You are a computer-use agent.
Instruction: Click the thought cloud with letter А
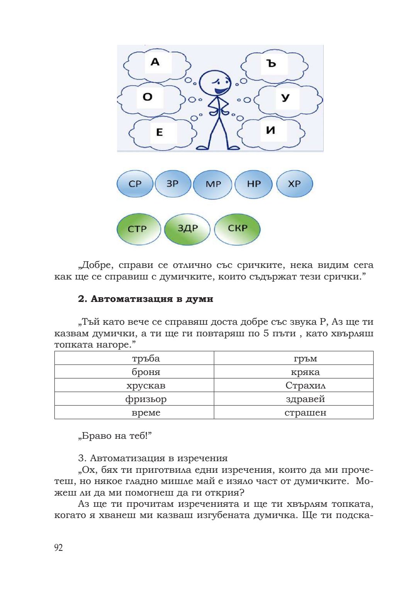pyautogui.click(x=157, y=64)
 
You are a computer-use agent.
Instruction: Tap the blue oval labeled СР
pyautogui.click(x=135, y=184)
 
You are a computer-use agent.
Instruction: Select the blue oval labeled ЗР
pyautogui.click(x=173, y=184)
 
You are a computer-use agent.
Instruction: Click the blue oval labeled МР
pyautogui.click(x=213, y=184)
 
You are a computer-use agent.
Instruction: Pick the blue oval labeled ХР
pyautogui.click(x=295, y=184)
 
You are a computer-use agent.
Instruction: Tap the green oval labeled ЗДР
pyautogui.click(x=187, y=228)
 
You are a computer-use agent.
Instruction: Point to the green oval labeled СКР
pyautogui.click(x=237, y=228)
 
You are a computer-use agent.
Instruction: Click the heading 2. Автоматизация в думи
pyautogui.click(x=146, y=299)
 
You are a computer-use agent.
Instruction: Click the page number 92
pyautogui.click(x=58, y=547)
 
